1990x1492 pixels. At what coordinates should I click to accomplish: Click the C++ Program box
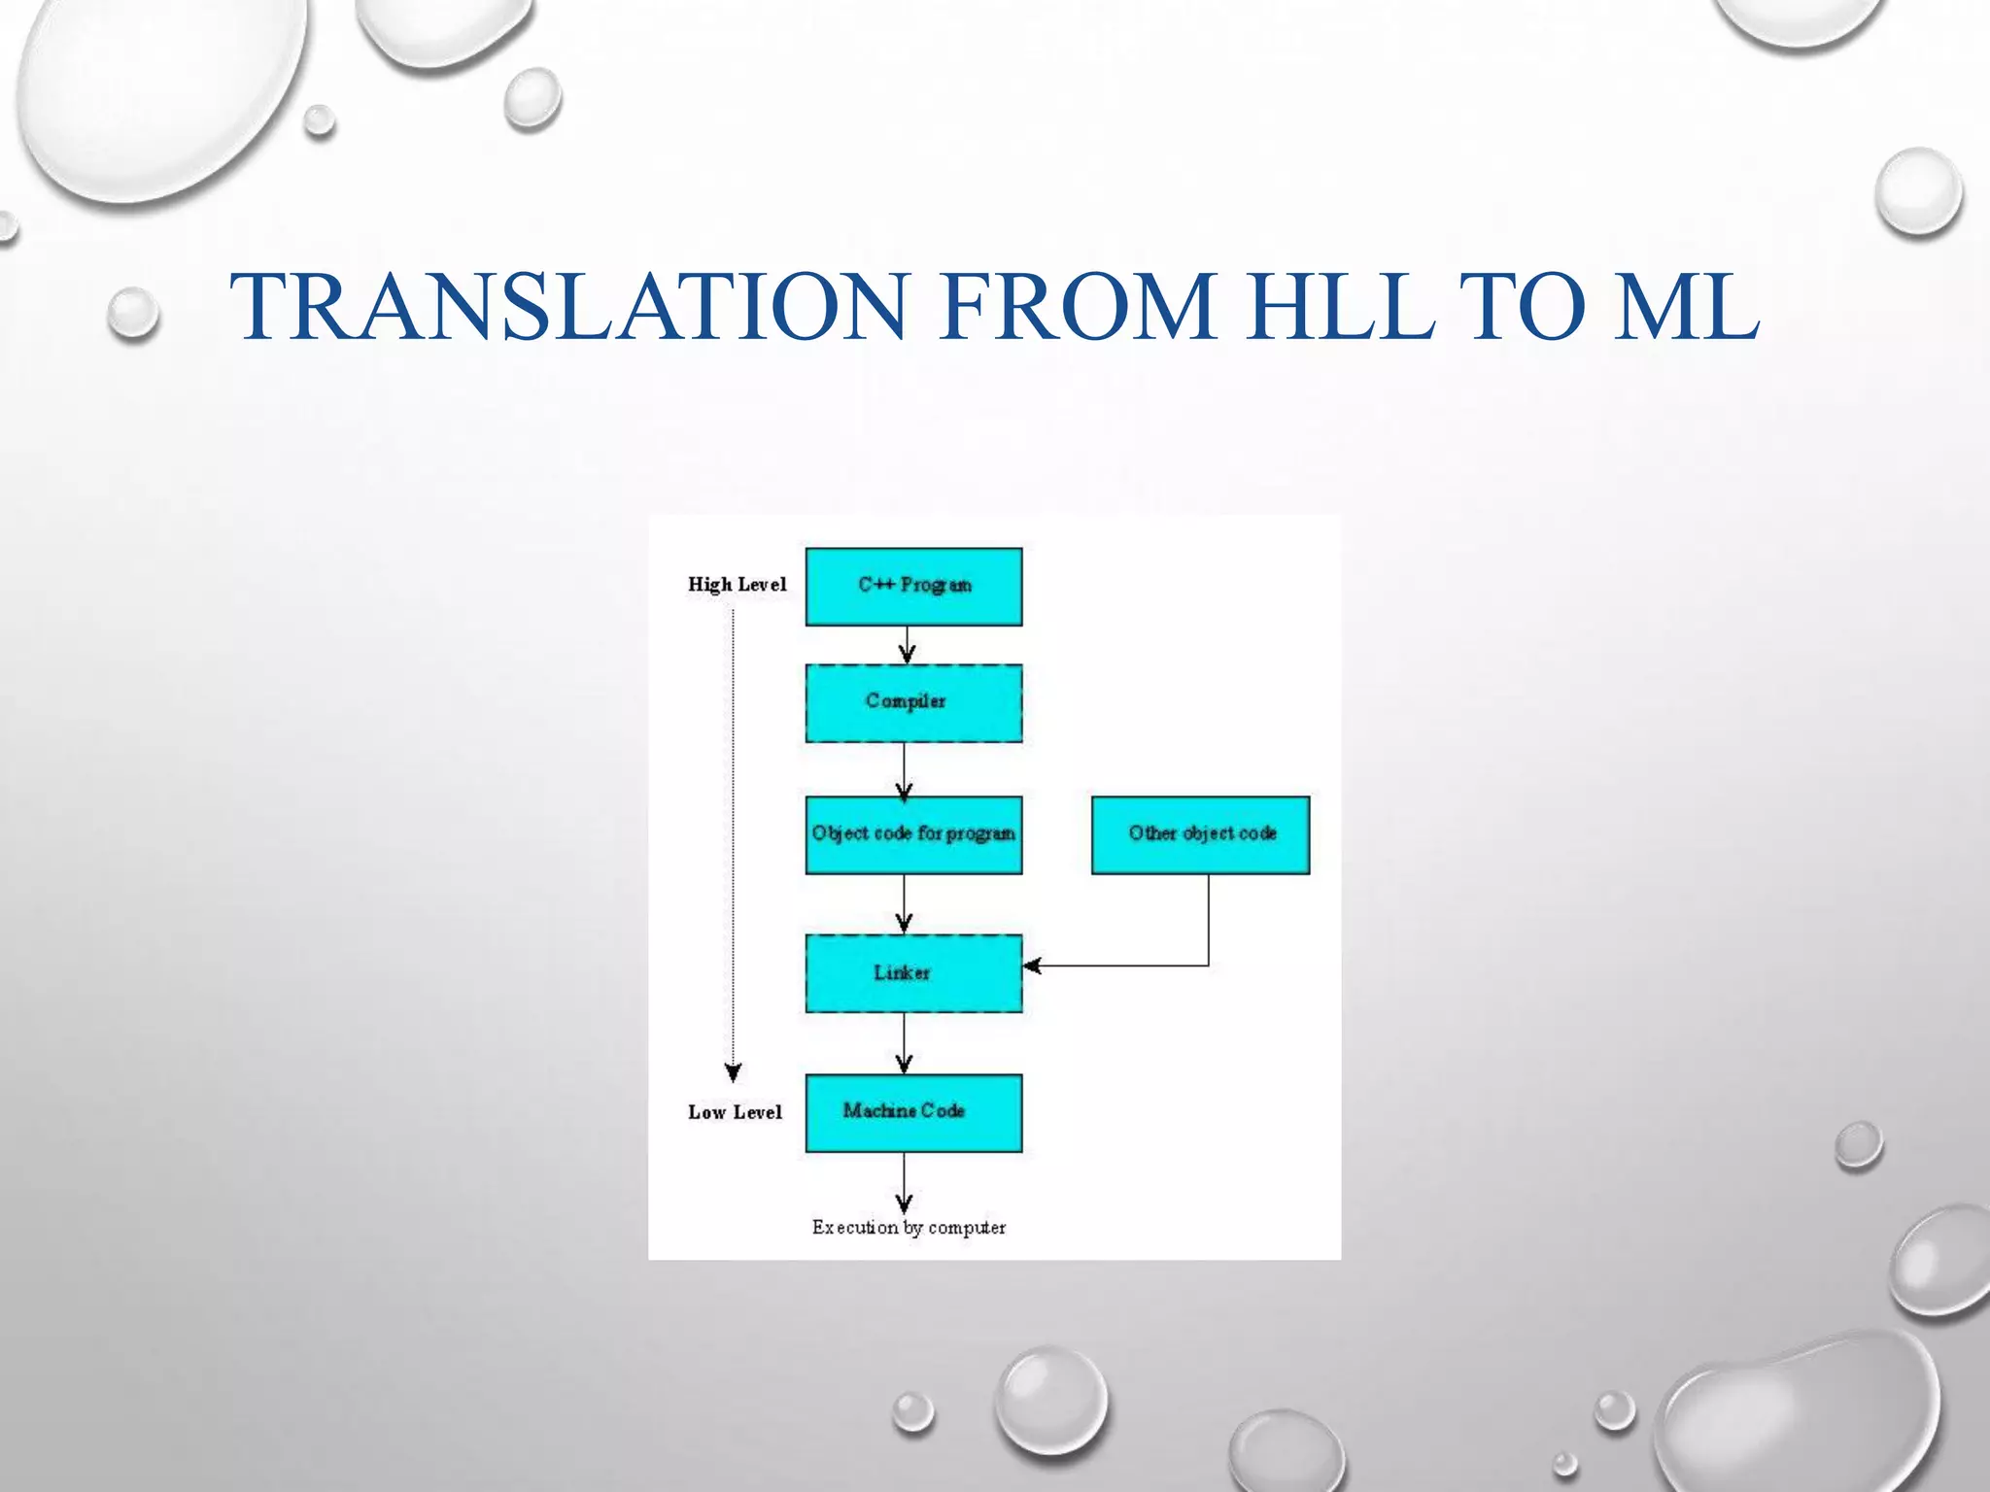point(913,587)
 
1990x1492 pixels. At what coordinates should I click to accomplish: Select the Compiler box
point(913,703)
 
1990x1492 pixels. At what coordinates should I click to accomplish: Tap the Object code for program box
point(913,835)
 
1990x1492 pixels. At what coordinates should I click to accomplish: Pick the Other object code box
point(1201,835)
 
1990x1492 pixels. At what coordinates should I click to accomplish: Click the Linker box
point(913,973)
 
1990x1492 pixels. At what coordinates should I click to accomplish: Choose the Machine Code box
point(913,1113)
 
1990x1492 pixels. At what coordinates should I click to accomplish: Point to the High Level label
point(737,585)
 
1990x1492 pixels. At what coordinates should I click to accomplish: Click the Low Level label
point(735,1113)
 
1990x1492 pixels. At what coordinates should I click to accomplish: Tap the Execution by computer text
point(909,1228)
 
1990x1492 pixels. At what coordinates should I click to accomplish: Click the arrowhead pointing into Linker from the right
point(1033,966)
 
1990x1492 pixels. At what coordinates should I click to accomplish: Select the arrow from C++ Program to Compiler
point(906,645)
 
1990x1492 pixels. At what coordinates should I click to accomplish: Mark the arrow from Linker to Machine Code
point(905,1043)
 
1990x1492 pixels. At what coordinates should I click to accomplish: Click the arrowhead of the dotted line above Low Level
point(734,1072)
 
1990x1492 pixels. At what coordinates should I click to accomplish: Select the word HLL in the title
point(1342,307)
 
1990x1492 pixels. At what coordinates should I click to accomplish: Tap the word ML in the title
point(1686,307)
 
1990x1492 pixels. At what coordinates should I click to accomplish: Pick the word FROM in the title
point(1078,307)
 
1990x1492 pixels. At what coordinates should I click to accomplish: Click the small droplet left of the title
point(133,314)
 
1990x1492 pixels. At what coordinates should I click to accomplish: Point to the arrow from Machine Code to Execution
point(905,1181)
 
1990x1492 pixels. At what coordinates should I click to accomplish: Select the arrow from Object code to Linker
point(905,904)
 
